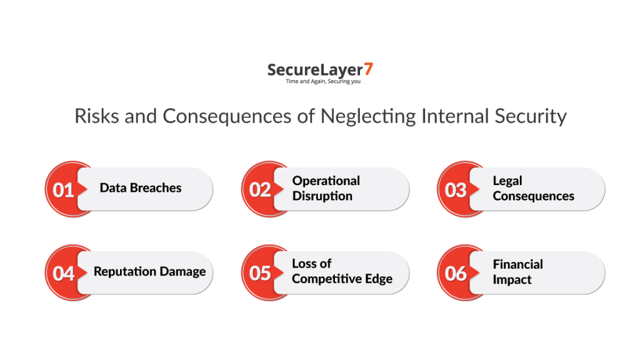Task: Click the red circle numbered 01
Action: (64, 189)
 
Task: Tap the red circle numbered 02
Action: (260, 189)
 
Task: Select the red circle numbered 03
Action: (456, 189)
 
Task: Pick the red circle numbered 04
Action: (64, 273)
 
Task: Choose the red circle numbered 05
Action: (260, 273)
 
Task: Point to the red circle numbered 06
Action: (456, 273)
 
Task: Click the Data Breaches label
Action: (141, 188)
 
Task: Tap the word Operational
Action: (326, 181)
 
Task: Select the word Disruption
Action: (322, 196)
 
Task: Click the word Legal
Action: (507, 181)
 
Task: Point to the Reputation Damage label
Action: (149, 272)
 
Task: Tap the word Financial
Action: (517, 264)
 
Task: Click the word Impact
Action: (512, 280)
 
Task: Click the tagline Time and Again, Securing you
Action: (323, 82)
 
